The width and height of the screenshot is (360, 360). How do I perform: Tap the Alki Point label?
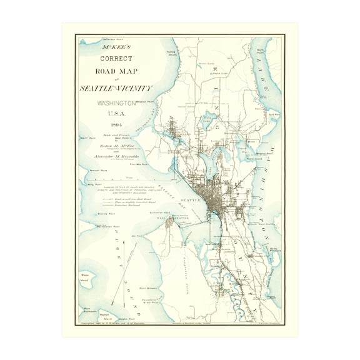point(134,236)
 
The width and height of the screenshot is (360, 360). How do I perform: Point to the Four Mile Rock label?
point(138,165)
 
